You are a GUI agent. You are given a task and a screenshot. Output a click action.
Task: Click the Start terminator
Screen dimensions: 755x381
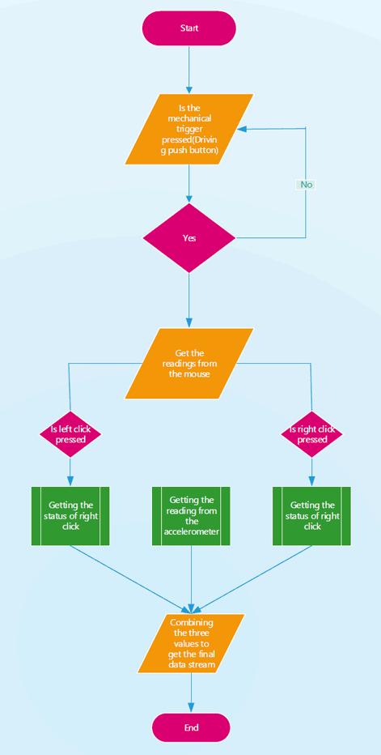pyautogui.click(x=189, y=28)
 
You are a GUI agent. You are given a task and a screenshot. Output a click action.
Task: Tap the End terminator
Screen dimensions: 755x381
pyautogui.click(x=191, y=727)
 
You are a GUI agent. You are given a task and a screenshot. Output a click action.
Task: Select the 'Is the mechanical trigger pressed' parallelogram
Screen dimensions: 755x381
pyautogui.click(x=189, y=130)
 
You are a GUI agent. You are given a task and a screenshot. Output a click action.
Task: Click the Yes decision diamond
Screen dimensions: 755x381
pyautogui.click(x=189, y=238)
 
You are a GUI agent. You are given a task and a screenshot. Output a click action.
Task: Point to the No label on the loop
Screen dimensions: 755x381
pyautogui.click(x=306, y=185)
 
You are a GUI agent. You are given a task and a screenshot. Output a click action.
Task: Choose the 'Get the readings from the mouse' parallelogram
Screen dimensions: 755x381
pyautogui.click(x=189, y=364)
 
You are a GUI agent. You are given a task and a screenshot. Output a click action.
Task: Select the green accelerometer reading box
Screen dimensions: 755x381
pyautogui.click(x=191, y=516)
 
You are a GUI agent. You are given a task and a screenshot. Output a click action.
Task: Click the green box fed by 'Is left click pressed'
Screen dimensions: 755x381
pyautogui.click(x=70, y=516)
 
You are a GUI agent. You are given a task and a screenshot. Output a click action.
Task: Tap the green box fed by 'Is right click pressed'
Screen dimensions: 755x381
pyautogui.click(x=311, y=516)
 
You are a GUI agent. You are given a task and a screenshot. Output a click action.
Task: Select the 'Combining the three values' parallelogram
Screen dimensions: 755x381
pyautogui.click(x=191, y=643)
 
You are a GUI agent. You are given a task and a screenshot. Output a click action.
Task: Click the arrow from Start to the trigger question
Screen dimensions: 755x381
pyautogui.click(x=189, y=69)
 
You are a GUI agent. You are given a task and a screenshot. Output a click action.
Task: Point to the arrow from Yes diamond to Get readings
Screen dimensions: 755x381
pyautogui.click(x=189, y=300)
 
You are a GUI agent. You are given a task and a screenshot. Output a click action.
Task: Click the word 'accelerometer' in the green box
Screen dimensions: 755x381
pyautogui.click(x=191, y=532)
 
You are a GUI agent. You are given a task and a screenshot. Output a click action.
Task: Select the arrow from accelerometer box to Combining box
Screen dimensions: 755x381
pyautogui.click(x=191, y=579)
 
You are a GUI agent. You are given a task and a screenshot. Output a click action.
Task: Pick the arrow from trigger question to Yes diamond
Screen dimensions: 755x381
pyautogui.click(x=189, y=183)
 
